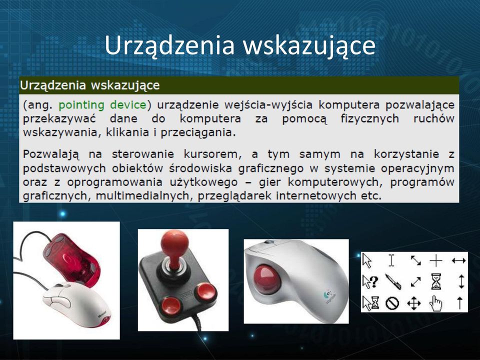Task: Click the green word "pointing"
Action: coord(81,105)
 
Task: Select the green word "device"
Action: coord(128,104)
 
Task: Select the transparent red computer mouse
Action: coord(71,259)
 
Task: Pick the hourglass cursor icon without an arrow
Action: coord(436,281)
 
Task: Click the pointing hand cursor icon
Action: coord(435,303)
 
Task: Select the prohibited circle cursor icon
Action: coord(392,303)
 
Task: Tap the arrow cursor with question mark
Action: coord(370,281)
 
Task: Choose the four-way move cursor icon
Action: coord(414,303)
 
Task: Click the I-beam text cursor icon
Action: coord(391,260)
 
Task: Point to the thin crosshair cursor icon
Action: coord(436,260)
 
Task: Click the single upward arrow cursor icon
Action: coord(459,303)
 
